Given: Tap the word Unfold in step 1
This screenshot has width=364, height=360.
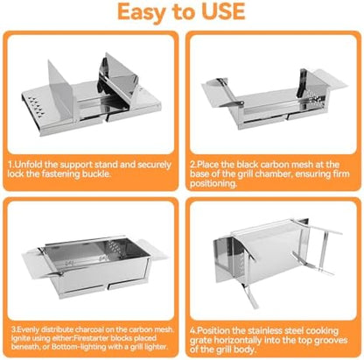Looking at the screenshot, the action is point(28,165).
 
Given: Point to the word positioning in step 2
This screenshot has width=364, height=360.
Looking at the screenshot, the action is point(213,184).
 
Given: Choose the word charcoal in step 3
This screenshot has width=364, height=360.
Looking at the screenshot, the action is point(89,329).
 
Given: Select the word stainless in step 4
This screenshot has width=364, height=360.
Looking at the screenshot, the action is point(266,331).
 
